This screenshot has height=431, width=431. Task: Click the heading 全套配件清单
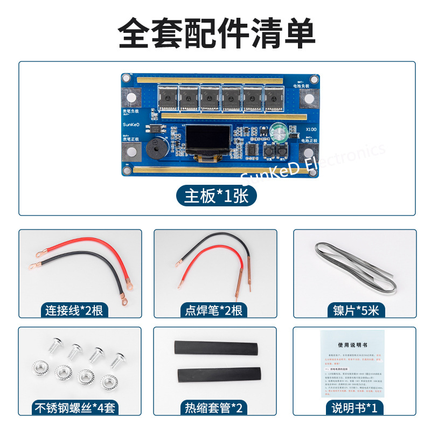[216, 33]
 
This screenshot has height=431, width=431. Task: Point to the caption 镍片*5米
[356, 310]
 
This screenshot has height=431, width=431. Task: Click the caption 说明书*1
[356, 408]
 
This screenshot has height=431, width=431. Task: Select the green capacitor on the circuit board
[279, 131]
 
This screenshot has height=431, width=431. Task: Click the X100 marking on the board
[311, 129]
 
